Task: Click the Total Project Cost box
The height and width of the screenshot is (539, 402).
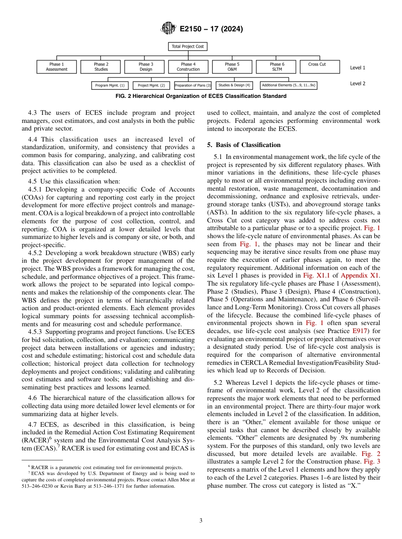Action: pos(188,46)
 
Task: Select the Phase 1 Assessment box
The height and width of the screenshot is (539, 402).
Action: pos(57,67)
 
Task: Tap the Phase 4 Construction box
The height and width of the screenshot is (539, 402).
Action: pos(188,67)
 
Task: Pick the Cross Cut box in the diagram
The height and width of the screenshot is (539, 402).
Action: pos(317,64)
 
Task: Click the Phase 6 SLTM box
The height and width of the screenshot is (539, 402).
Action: pos(277,67)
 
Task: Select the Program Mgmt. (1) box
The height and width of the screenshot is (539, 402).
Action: pos(110,85)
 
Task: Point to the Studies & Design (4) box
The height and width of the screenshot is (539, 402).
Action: pos(234,85)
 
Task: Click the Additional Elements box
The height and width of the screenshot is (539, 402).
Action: pos(289,85)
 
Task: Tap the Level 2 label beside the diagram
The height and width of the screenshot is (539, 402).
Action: pos(358,83)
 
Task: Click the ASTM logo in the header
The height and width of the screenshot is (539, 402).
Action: pos(168,29)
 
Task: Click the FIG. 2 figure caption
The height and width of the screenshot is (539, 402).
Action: pos(201,96)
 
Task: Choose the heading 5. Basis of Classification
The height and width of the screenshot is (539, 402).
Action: pos(244,145)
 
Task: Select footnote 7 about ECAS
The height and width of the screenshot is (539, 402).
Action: pos(108,480)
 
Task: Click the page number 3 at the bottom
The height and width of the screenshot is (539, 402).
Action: pos(201,520)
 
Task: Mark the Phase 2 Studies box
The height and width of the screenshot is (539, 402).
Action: pos(101,67)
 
